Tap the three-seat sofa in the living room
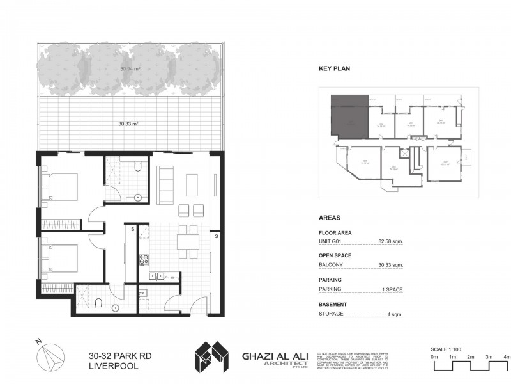pos(165,184)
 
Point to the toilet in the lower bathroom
pos(100,301)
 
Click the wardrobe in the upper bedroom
pos(61,225)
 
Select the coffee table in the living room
pos(192,184)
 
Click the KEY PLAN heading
pos(334,68)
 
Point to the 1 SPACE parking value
pos(391,289)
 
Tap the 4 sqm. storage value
pos(393,314)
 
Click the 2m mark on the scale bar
pos(470,356)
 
